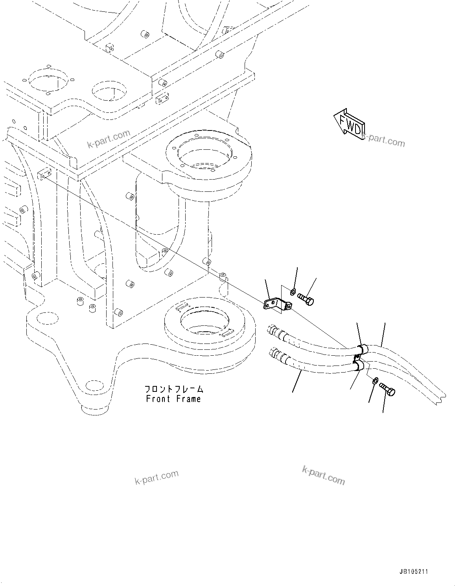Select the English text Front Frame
tap(173, 399)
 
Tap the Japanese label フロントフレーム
tap(173, 389)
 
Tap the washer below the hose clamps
tap(375, 380)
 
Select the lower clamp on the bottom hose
tap(357, 366)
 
